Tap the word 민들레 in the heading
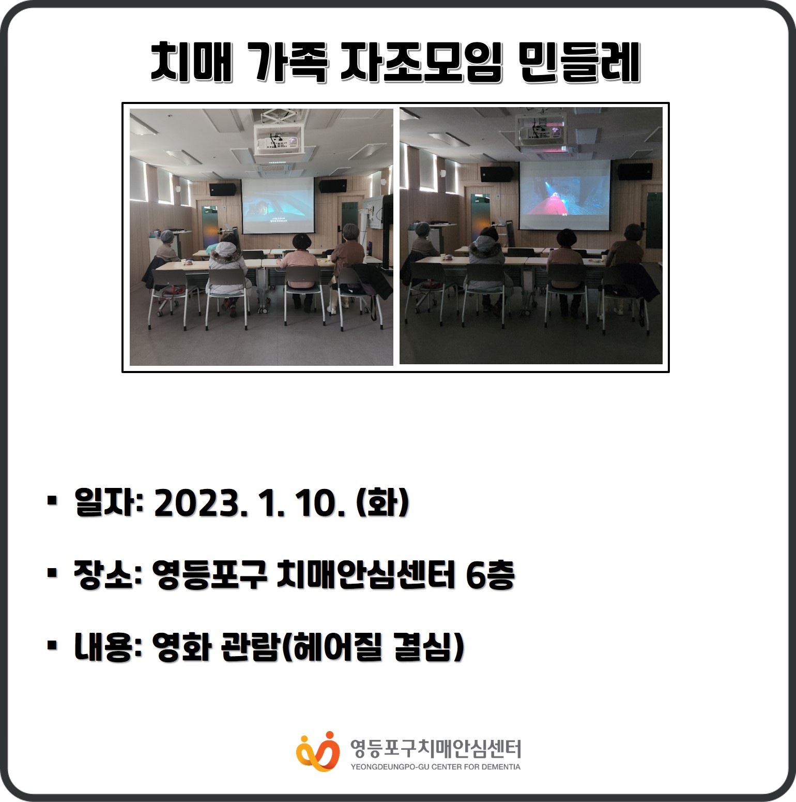tap(580, 62)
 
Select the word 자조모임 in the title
tap(421, 62)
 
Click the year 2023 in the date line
tap(197, 503)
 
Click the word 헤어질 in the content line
tap(337, 647)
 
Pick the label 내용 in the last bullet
tap(103, 647)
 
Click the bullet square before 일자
tap(52, 500)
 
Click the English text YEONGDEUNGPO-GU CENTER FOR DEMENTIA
tap(436, 767)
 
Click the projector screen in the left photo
tap(278, 206)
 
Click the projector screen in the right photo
tap(565, 195)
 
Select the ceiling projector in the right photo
tap(541, 129)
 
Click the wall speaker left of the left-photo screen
tap(223, 189)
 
